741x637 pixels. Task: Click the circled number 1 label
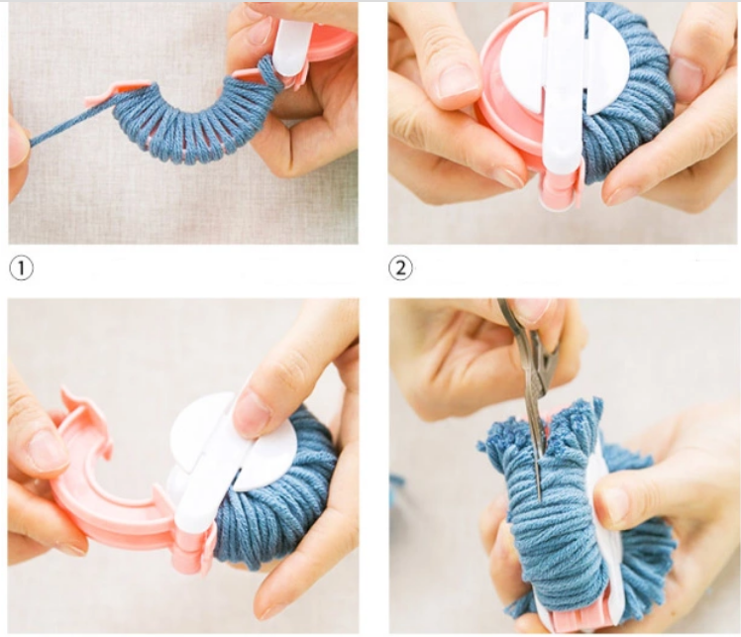tap(21, 268)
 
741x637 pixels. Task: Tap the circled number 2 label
tap(400, 268)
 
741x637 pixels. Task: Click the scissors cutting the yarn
tap(532, 386)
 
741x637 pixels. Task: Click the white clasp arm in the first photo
tap(290, 47)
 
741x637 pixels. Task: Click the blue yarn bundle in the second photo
tap(625, 94)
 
